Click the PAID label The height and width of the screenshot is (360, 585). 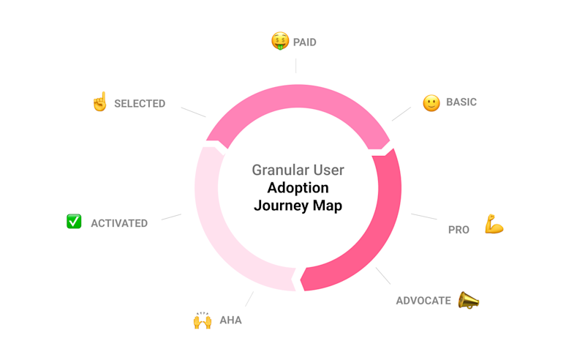coord(305,42)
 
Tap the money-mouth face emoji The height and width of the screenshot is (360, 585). coord(279,41)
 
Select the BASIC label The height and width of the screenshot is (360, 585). coord(461,102)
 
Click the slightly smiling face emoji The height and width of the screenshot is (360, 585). coord(431,103)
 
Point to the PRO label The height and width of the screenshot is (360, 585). coord(458,230)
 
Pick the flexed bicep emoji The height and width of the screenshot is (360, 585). coord(494,225)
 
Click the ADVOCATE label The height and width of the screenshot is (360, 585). coord(423,301)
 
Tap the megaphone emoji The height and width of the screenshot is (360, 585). coord(468,300)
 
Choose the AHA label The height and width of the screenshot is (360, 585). coord(230,320)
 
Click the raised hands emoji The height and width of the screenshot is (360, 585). coord(202,320)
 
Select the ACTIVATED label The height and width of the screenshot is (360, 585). coord(119,223)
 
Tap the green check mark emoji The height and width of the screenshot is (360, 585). coord(74,221)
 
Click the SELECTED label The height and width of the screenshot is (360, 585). coord(140,104)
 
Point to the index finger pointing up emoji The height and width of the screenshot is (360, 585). coord(99,102)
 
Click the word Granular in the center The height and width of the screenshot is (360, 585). coord(277,170)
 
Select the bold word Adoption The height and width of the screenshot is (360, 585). coord(298,188)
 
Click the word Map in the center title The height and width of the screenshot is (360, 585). coord(328,206)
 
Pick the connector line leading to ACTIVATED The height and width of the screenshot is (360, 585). coord(171,217)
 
